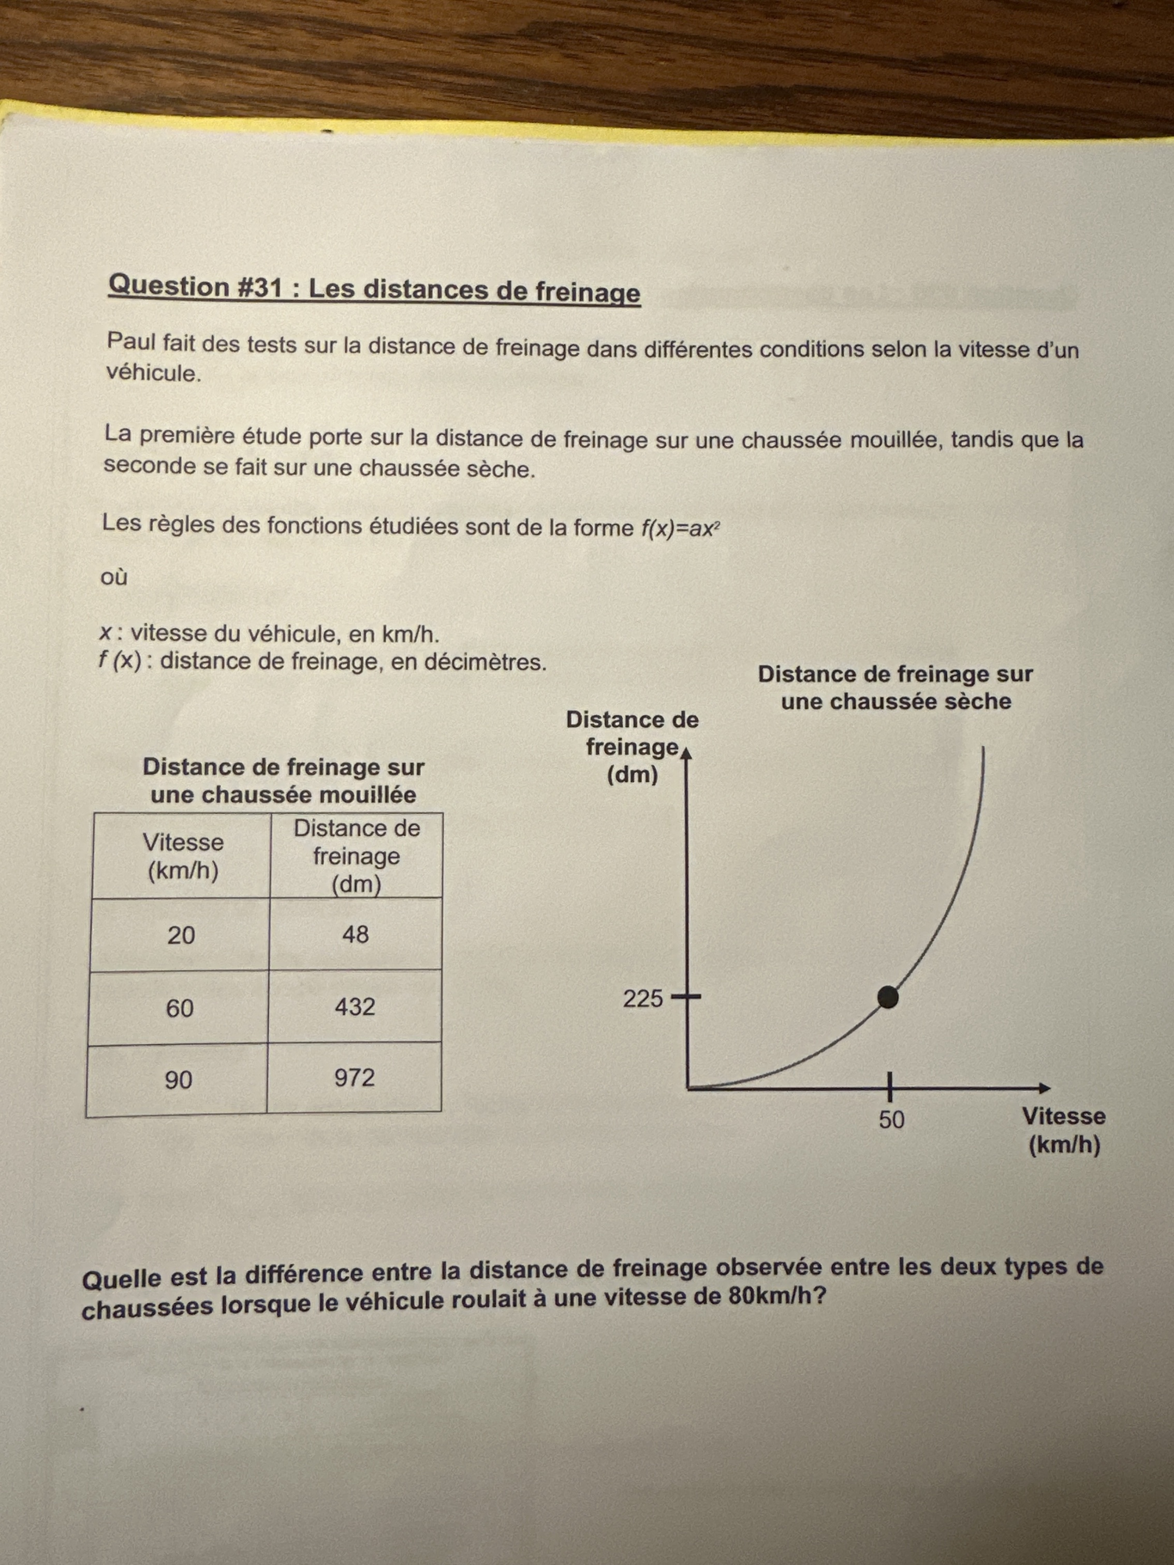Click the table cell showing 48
click(355, 935)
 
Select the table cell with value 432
click(355, 1006)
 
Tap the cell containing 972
click(354, 1077)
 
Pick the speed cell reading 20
click(181, 935)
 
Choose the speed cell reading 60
click(180, 1008)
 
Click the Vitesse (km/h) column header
click(183, 856)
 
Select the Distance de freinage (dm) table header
click(356, 856)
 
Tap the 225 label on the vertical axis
click(642, 999)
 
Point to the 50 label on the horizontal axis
click(891, 1120)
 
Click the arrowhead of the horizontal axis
click(1045, 1088)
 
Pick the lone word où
click(114, 578)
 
